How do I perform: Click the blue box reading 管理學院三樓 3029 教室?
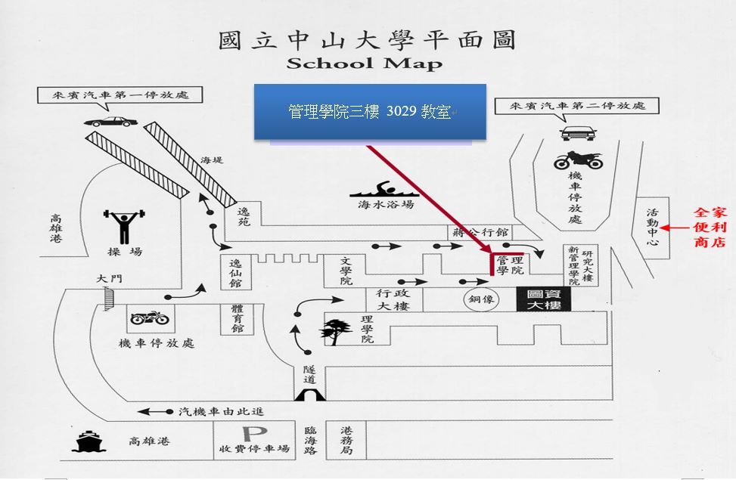coord(370,112)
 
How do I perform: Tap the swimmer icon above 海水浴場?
coord(384,189)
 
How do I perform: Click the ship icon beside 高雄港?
coord(89,442)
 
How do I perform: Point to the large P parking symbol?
coord(255,434)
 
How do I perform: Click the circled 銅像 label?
coord(481,299)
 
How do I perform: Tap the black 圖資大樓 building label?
coord(544,299)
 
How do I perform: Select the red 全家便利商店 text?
coord(710,227)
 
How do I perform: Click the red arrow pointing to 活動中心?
coord(675,228)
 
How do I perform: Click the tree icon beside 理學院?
coord(336,331)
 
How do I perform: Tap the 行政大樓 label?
coord(393,299)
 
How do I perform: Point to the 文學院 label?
coord(346,271)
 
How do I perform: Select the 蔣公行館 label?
coord(480,232)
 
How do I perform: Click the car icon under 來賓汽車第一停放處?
coord(110,122)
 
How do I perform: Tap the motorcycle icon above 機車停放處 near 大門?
coord(150,318)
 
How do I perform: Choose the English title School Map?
coord(365,63)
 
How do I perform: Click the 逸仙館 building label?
coord(236,272)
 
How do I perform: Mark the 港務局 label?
coord(347,440)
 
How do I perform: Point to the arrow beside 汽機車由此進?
coord(155,411)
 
